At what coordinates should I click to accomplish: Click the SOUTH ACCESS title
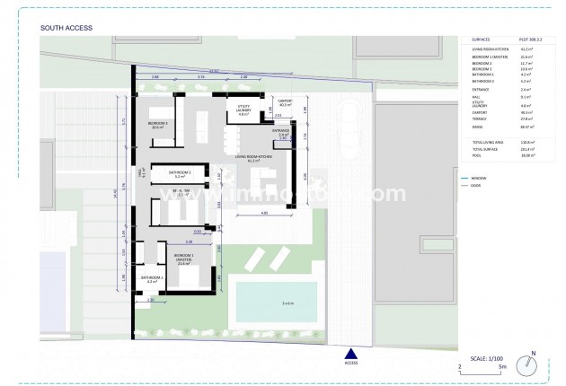click(63, 28)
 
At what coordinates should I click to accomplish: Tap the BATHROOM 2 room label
click(180, 173)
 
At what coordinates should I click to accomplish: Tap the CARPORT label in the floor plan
click(285, 103)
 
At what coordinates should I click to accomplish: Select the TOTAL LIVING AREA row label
click(486, 141)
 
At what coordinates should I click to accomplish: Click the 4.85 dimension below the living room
click(265, 213)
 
